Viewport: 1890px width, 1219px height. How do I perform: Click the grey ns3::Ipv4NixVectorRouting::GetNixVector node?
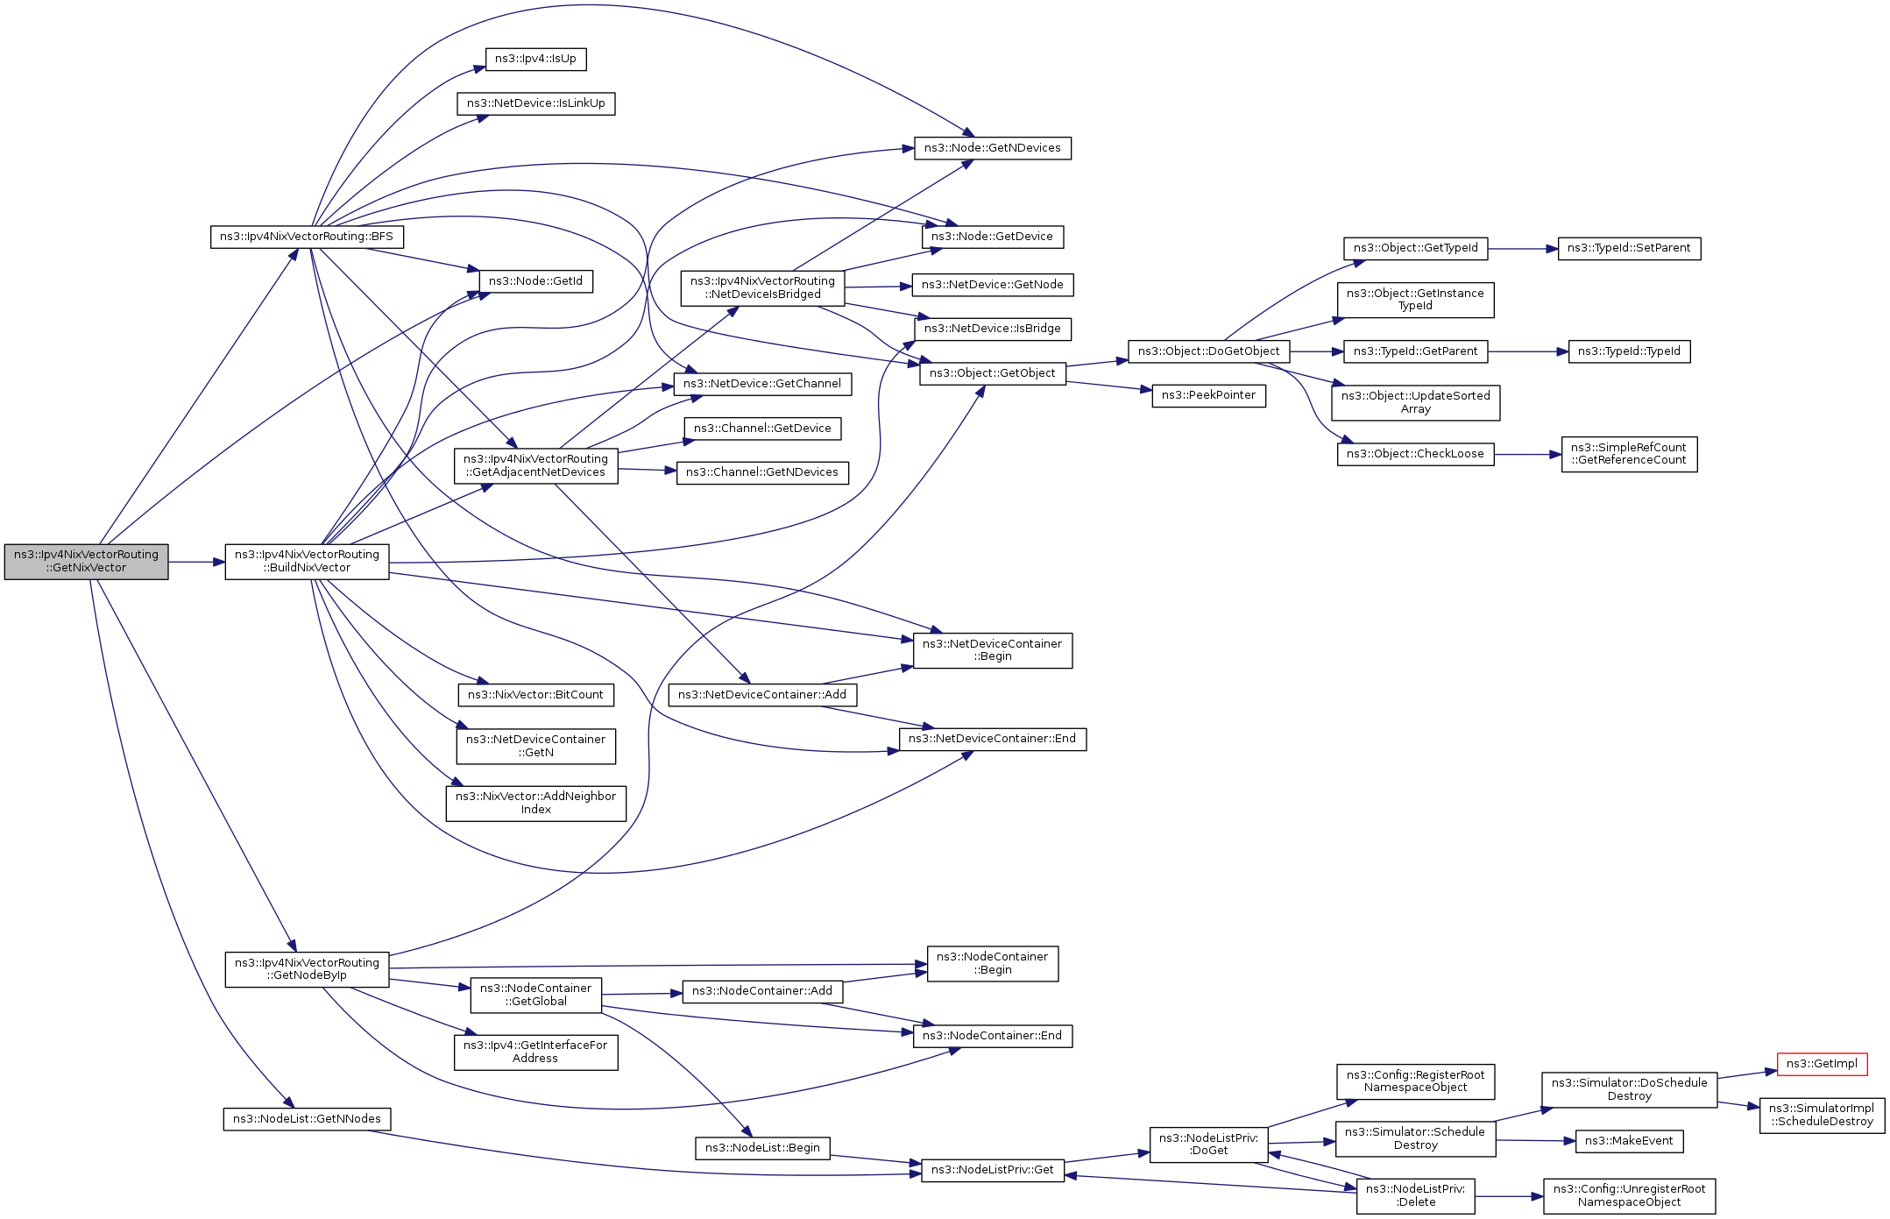point(86,562)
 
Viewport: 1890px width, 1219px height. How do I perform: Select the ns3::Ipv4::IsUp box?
point(535,60)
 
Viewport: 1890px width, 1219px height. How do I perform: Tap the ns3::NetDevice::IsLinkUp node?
point(535,103)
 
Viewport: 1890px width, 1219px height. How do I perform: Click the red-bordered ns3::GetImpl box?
point(1822,1064)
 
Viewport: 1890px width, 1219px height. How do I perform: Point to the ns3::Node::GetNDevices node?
point(992,148)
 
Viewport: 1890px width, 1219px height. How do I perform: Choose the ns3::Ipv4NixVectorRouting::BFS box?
point(307,237)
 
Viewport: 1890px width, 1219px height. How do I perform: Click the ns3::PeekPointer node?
point(1208,395)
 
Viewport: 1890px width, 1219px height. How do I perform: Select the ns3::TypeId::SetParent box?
point(1629,248)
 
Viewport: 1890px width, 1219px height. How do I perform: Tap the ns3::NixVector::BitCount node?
point(535,695)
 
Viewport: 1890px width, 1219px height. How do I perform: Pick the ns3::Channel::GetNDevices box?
point(762,472)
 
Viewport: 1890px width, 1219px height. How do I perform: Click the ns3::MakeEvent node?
point(1629,1141)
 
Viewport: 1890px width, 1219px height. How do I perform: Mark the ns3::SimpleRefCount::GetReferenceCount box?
point(1629,454)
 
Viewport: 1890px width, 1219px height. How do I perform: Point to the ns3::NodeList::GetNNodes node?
point(307,1119)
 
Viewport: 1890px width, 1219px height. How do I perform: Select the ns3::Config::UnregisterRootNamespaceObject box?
point(1629,1195)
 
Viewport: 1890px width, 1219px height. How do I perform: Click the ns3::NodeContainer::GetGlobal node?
point(535,995)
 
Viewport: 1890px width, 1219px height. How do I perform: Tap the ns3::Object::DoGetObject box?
point(1208,351)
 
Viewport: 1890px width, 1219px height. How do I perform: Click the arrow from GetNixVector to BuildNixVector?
point(196,562)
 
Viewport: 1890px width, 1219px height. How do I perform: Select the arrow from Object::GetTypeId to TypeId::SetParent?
point(1522,249)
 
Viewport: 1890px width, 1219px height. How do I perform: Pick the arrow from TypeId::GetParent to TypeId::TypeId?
point(1527,351)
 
